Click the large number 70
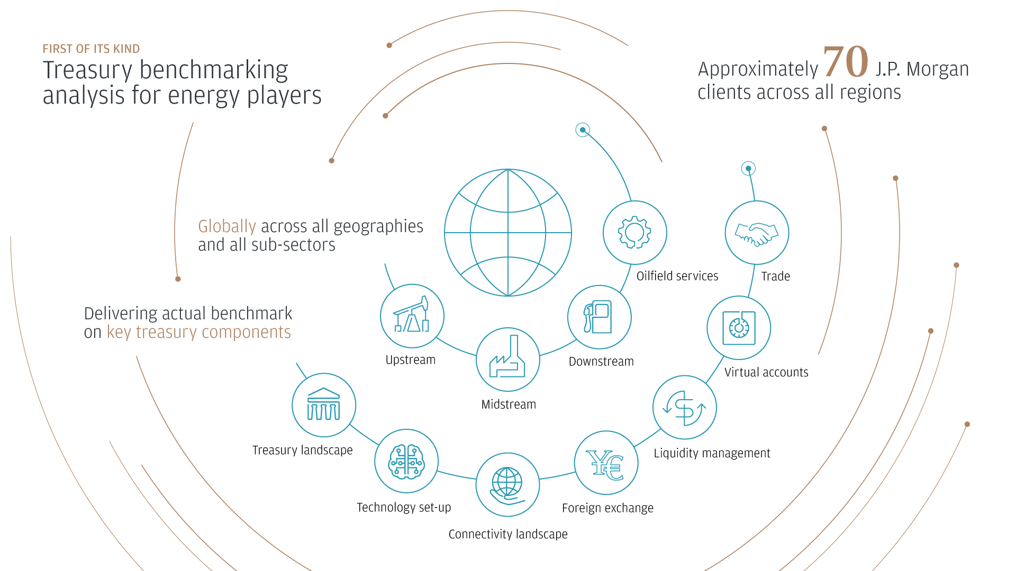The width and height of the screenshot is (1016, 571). [x=846, y=61]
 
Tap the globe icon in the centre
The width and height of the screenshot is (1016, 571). [x=508, y=233]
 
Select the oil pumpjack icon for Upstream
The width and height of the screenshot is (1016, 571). [x=412, y=316]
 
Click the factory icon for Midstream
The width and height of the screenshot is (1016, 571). [x=507, y=360]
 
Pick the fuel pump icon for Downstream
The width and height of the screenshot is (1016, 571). [x=599, y=317]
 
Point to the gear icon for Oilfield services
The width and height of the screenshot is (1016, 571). [x=634, y=233]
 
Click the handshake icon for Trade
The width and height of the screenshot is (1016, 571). [x=757, y=233]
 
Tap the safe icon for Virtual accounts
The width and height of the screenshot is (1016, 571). [x=739, y=328]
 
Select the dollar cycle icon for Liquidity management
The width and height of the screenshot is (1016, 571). [x=684, y=408]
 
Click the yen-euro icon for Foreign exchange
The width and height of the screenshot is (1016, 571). [x=606, y=463]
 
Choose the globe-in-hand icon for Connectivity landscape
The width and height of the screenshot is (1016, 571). [x=507, y=485]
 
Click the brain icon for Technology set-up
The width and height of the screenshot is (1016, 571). [x=406, y=461]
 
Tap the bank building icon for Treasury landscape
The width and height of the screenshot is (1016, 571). [x=324, y=405]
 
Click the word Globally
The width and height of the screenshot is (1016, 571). [x=226, y=226]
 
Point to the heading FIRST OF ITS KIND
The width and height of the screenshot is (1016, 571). [x=91, y=49]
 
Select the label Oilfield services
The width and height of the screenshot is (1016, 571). [x=677, y=276]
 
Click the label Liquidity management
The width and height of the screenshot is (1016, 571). [x=712, y=453]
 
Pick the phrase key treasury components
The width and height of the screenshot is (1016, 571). [x=198, y=332]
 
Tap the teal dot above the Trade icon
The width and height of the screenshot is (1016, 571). [x=748, y=169]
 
